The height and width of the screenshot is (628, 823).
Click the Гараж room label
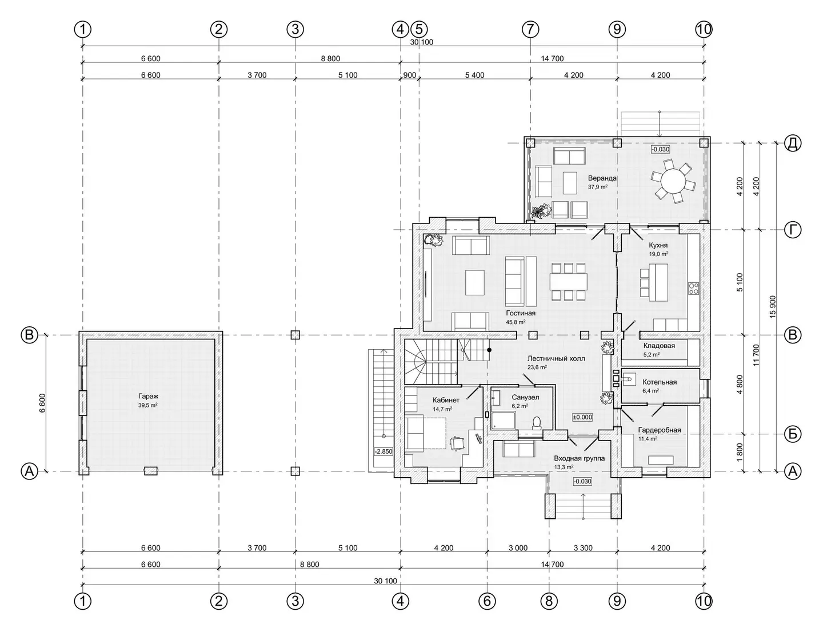tap(148, 396)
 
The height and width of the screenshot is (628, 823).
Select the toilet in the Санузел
tap(537, 422)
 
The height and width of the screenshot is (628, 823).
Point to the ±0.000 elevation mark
tap(582, 417)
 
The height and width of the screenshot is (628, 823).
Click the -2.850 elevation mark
tap(383, 451)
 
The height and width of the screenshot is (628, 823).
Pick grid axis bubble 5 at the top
tap(419, 29)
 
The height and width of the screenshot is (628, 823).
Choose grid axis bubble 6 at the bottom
tap(487, 601)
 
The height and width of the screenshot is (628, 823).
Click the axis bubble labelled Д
tap(793, 143)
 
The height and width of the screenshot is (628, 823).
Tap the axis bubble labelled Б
tap(793, 434)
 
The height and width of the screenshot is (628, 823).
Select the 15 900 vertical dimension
tap(773, 307)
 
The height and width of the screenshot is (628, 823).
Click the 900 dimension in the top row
tap(409, 75)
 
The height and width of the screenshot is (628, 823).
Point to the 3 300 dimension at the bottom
tap(583, 548)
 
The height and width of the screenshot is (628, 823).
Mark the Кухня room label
tap(658, 245)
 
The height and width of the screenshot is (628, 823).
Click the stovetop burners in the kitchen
tap(693, 288)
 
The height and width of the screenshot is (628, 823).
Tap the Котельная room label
tap(660, 382)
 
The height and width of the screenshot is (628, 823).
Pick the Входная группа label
tap(580, 458)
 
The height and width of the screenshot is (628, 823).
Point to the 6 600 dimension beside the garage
tap(42, 403)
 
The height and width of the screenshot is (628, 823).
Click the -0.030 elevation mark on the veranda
tap(660, 149)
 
